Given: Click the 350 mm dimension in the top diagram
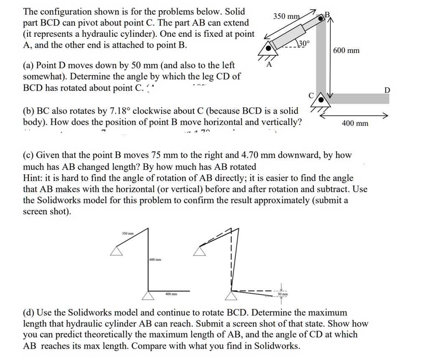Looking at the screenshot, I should pyautogui.click(x=286, y=16).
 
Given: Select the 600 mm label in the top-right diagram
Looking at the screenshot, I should pyautogui.click(x=346, y=51).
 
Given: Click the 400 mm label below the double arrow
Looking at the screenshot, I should pyautogui.click(x=355, y=123).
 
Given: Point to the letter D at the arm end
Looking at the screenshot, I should pyautogui.click(x=387, y=90).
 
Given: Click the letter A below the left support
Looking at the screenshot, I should pyautogui.click(x=269, y=65).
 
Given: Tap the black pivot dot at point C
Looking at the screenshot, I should pyautogui.click(x=321, y=99).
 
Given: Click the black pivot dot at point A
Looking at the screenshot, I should pyautogui.click(x=270, y=48).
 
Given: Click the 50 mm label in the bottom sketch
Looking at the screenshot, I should pyautogui.click(x=280, y=295).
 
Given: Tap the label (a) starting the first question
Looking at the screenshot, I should pyautogui.click(x=28, y=65).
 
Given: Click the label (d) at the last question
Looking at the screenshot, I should pyautogui.click(x=28, y=312).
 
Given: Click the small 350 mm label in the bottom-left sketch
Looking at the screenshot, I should pyautogui.click(x=127, y=233).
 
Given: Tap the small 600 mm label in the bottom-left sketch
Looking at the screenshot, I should pyautogui.click(x=155, y=260).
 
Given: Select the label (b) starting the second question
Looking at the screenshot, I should pyautogui.click(x=28, y=111).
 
